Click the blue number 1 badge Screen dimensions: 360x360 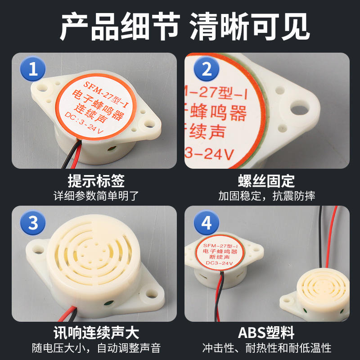[33, 69]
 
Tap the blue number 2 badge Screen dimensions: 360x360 [207, 69]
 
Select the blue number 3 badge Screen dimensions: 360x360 [33, 222]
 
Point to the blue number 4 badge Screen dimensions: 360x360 [207, 222]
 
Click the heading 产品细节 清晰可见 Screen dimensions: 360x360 [185, 27]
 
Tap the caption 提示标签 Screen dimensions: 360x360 [96, 181]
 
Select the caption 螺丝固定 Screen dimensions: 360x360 [266, 181]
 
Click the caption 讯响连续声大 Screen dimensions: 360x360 [96, 333]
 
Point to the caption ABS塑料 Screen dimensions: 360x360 [266, 333]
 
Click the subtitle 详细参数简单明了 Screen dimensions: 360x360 [96, 196]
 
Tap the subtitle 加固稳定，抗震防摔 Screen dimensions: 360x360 [266, 196]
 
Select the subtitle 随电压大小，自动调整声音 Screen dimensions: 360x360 [96, 348]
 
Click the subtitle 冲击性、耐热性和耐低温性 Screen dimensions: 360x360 [266, 348]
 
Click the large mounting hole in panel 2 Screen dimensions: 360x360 [299, 108]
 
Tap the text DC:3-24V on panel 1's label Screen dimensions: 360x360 [84, 122]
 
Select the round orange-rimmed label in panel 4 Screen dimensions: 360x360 [220, 252]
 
